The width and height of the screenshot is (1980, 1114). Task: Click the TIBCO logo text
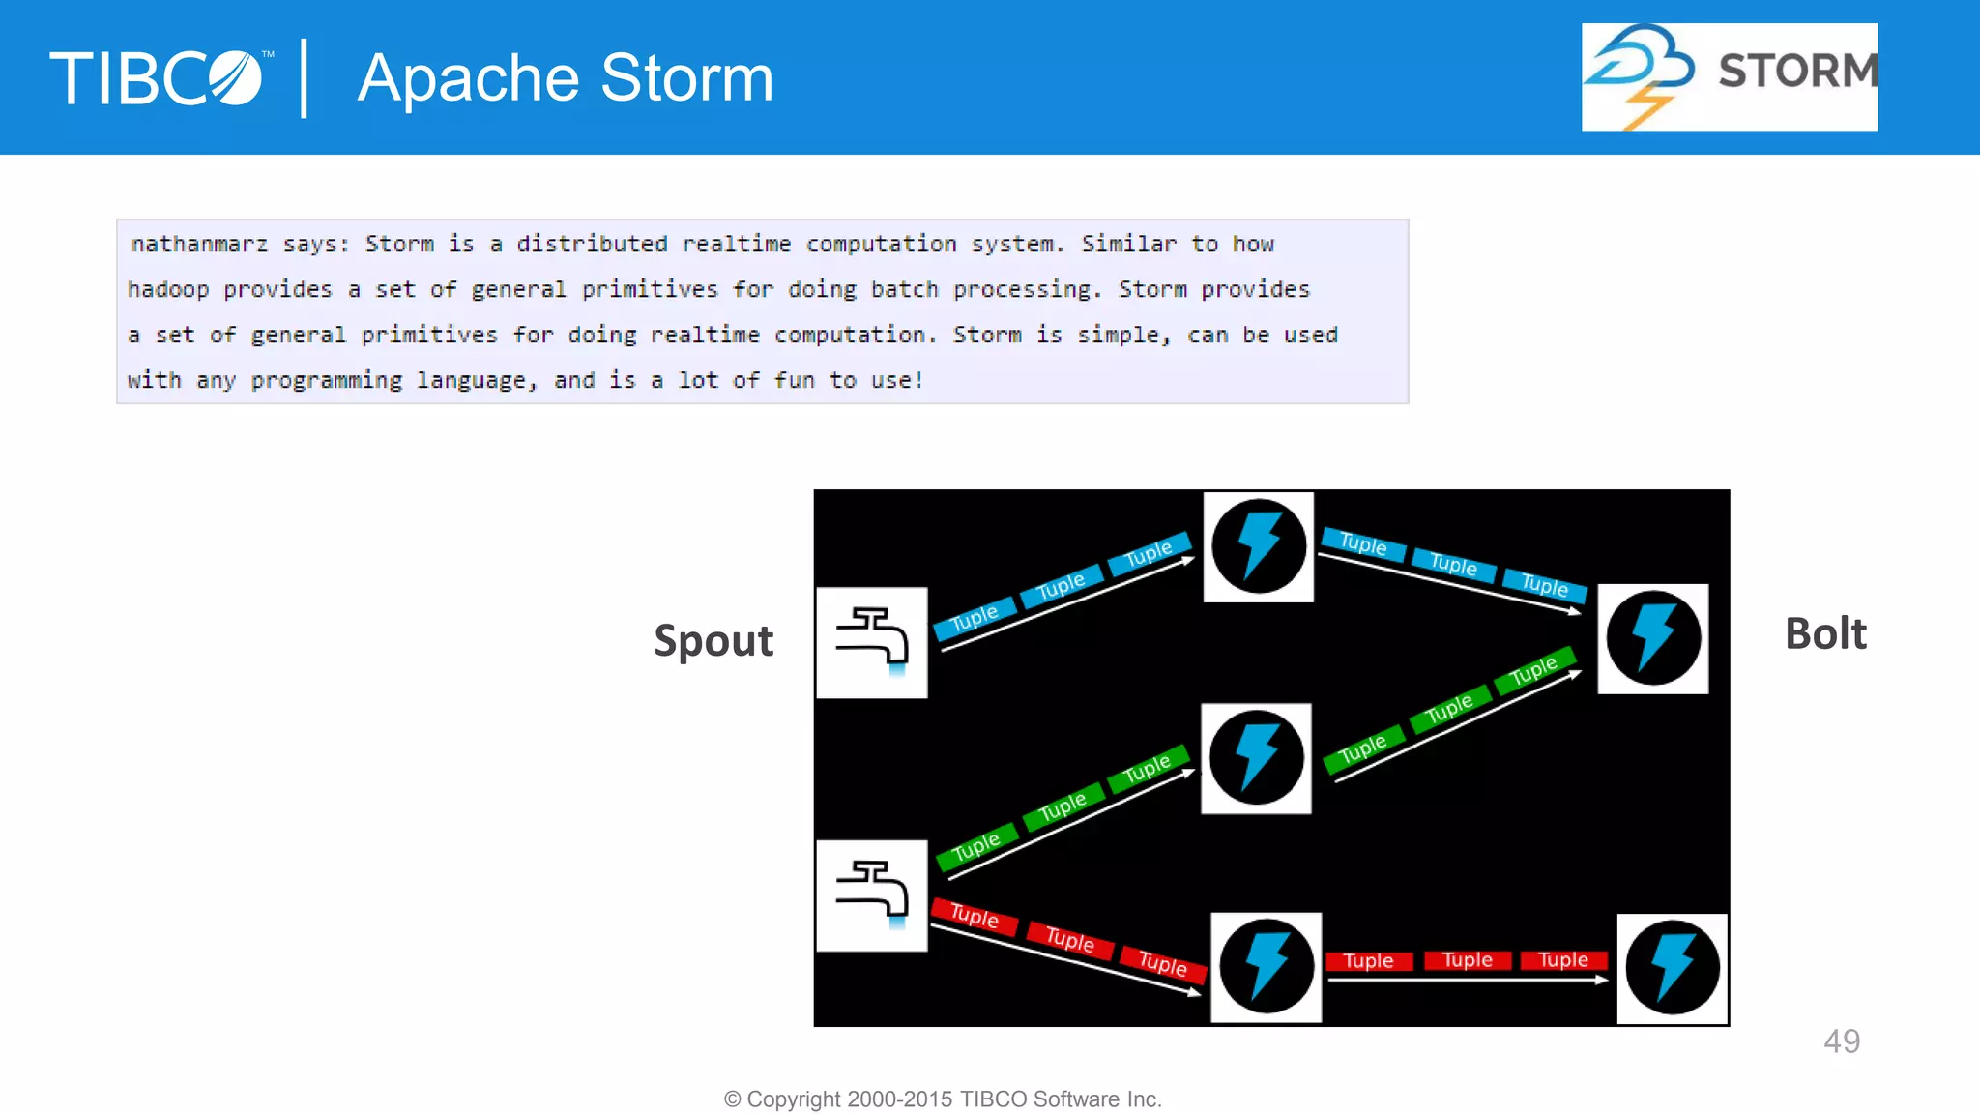pyautogui.click(x=155, y=78)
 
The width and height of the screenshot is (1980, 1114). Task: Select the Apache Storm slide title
pyautogui.click(x=566, y=78)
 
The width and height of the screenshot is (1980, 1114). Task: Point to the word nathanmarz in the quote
pyautogui.click(x=199, y=245)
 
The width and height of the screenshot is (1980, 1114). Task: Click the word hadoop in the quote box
pyautogui.click(x=168, y=290)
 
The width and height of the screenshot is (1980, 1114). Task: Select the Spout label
pyautogui.click(x=713, y=640)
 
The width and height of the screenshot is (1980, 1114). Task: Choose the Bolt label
pyautogui.click(x=1825, y=634)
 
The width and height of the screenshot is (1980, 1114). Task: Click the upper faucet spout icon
pyautogui.click(x=872, y=642)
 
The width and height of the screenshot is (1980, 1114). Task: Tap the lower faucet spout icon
pyautogui.click(x=872, y=895)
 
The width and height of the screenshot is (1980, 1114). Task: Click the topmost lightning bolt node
pyautogui.click(x=1258, y=546)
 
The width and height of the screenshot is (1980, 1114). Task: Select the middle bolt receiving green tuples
pyautogui.click(x=1256, y=758)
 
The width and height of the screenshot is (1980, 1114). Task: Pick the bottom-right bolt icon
pyautogui.click(x=1672, y=968)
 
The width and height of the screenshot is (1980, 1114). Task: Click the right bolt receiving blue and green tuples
pyautogui.click(x=1652, y=638)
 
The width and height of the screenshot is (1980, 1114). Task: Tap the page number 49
pyautogui.click(x=1842, y=1041)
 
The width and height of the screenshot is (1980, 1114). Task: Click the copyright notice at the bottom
pyautogui.click(x=943, y=1099)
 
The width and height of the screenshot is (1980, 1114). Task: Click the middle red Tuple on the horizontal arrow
pyautogui.click(x=1467, y=960)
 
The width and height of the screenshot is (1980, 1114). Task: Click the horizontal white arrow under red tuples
pyautogui.click(x=1467, y=981)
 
